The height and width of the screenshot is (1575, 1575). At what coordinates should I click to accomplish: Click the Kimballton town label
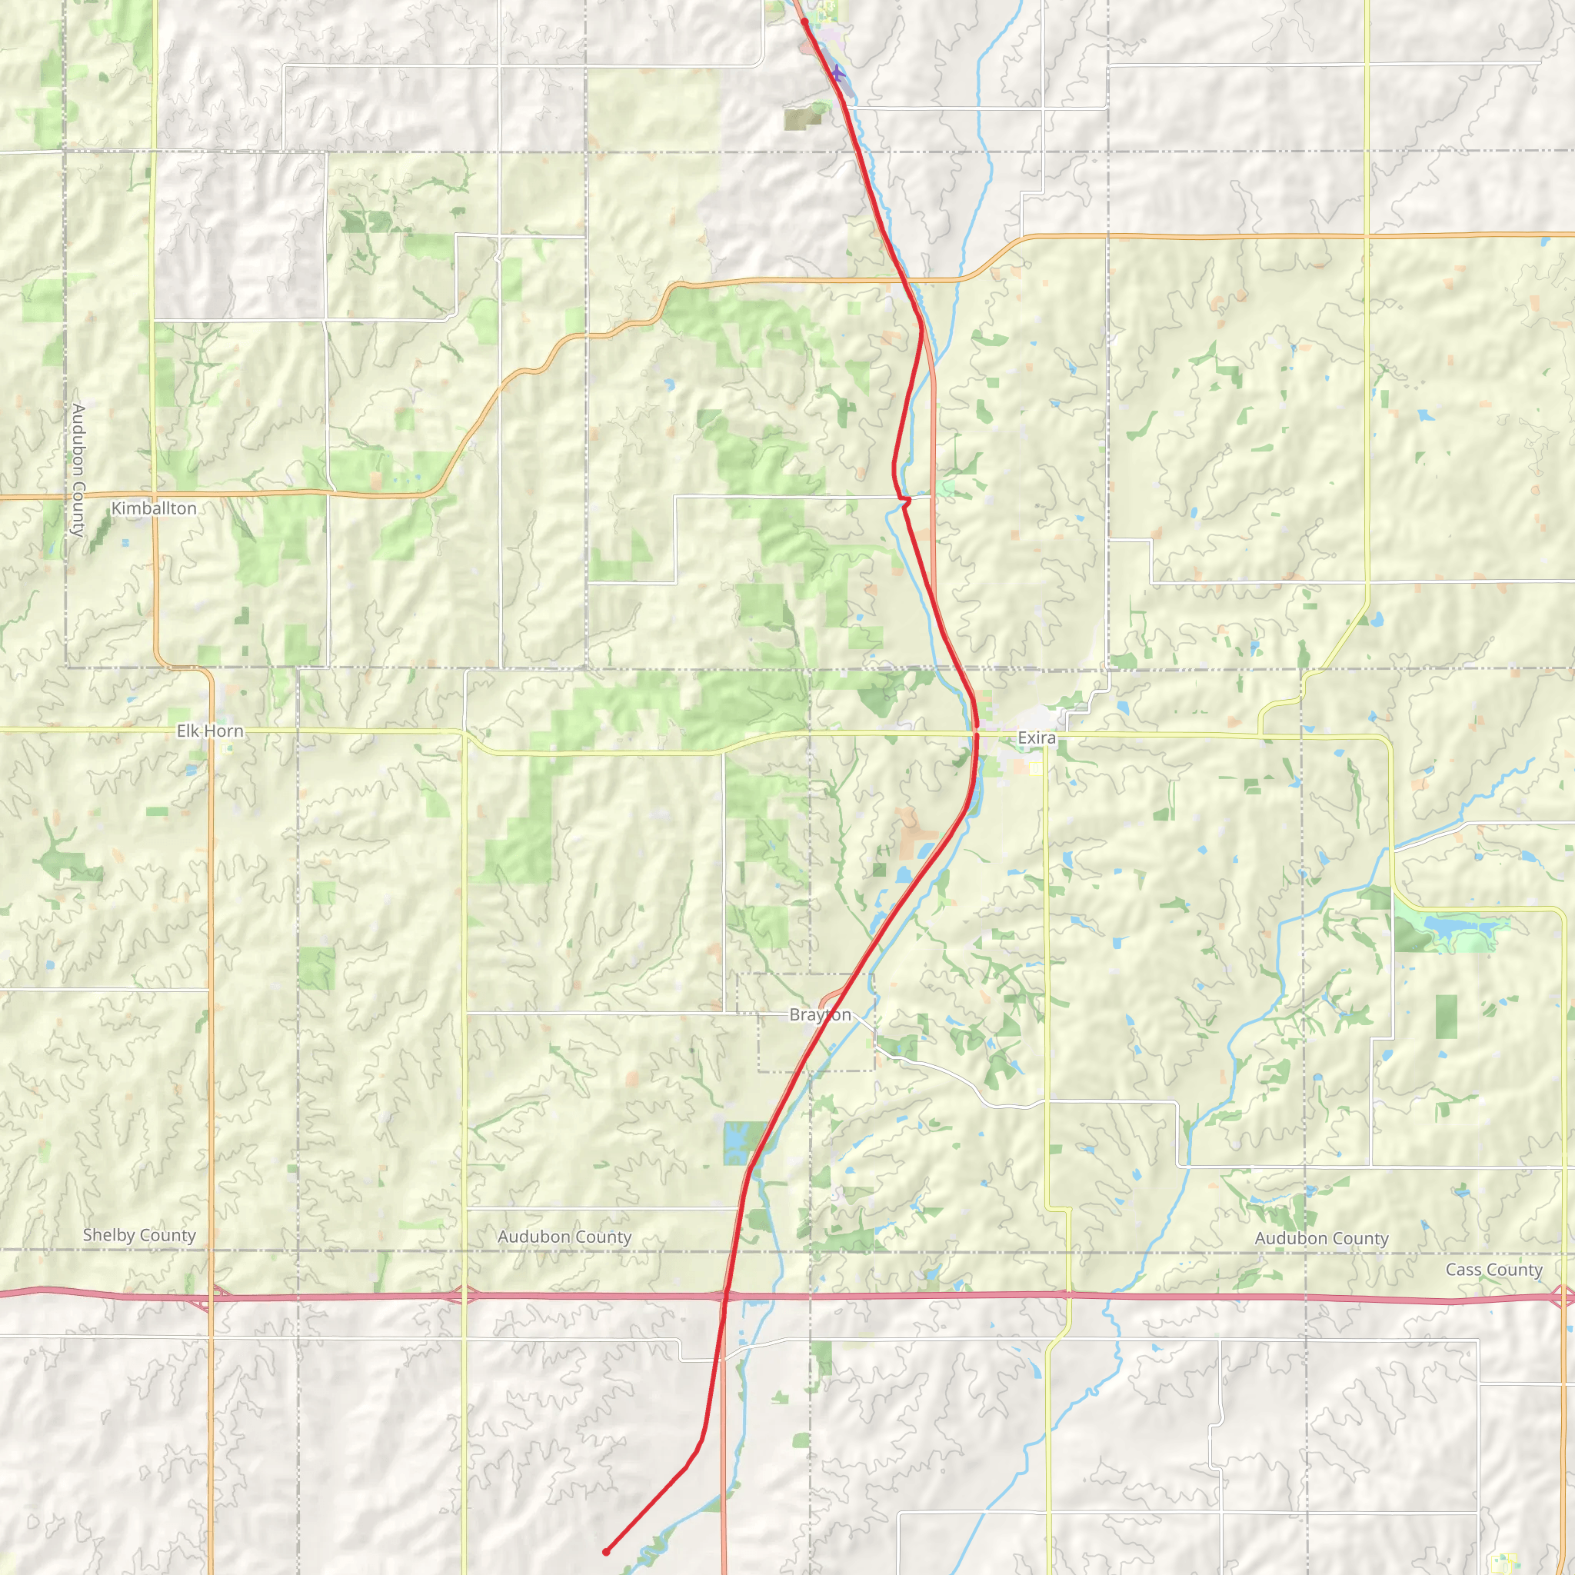153,508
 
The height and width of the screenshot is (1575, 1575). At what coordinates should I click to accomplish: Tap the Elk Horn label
209,731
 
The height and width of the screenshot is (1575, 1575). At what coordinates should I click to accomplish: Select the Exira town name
1036,738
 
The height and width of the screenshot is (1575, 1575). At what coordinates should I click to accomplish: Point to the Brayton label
820,1015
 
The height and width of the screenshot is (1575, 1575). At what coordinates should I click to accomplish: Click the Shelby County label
139,1235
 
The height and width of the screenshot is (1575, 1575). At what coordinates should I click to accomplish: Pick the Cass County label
1493,1270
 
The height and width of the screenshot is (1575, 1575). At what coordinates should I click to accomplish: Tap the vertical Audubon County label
78,470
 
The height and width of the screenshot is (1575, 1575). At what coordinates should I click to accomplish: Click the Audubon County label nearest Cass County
1321,1238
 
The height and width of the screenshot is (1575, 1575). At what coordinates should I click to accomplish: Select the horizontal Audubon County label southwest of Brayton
564,1237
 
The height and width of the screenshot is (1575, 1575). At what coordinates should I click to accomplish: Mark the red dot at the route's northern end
804,22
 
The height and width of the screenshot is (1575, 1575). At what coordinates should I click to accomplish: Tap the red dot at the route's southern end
606,1552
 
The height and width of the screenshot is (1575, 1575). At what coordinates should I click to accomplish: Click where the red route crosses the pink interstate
724,1295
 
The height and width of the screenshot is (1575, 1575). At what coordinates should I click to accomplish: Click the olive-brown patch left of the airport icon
803,119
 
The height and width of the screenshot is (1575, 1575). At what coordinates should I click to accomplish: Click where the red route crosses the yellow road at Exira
976,734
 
